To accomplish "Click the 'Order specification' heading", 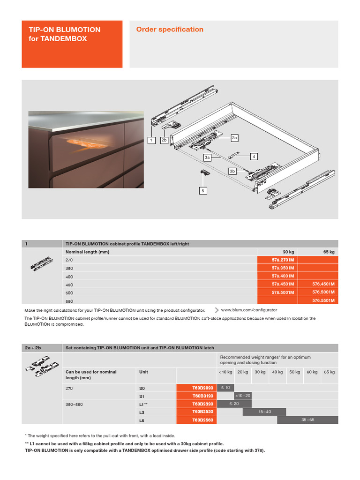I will coord(170,30).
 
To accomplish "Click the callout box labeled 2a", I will coord(235,138).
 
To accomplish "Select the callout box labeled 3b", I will coord(232,171).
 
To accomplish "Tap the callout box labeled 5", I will coord(203,191).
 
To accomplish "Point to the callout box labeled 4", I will coord(254,157).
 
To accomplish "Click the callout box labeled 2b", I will coord(164,140).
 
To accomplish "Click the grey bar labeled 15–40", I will coord(264,412).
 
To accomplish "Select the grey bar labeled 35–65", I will coord(307,420).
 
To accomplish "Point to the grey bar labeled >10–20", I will coord(243,396).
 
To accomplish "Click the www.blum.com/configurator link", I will coord(248,310).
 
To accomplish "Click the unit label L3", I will coord(142,412).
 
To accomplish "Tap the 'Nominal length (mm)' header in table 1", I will coord(87,252).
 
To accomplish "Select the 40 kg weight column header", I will coord(277,372).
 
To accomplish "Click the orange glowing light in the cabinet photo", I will coord(77,142).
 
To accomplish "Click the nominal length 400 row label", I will coord(69,277).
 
